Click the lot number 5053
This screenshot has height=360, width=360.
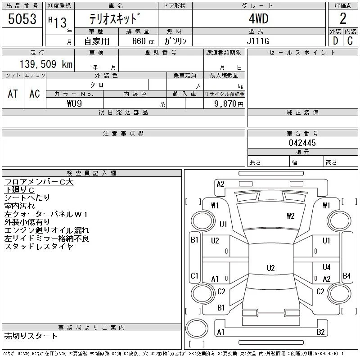22,19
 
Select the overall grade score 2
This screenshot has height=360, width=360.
343,18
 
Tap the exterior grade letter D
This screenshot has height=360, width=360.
335,41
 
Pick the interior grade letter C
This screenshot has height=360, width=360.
350,41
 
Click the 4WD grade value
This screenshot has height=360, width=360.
258,18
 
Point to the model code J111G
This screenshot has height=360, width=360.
258,41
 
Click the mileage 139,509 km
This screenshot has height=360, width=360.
46,64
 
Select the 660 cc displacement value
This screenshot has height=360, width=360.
143,41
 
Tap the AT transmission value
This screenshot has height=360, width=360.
13,94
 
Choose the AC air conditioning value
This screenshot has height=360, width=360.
35,94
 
